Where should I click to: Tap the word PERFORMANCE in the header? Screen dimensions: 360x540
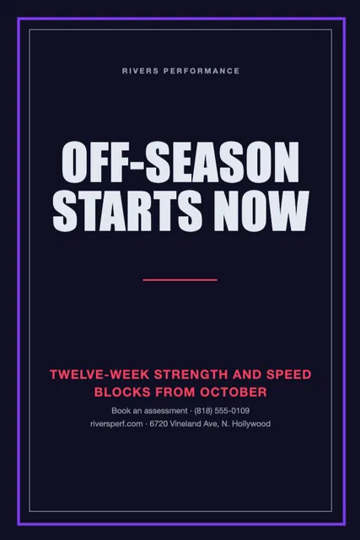[201, 71]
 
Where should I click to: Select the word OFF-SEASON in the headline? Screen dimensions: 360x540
[180, 162]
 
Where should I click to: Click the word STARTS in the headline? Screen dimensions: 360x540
[127, 210]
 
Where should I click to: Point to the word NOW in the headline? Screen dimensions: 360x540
[261, 210]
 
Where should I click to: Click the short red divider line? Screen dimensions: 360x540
[180, 280]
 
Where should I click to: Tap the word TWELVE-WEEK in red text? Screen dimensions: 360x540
[99, 375]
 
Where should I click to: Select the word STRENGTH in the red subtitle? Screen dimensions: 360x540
[191, 375]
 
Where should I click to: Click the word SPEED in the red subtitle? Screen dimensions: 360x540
[288, 375]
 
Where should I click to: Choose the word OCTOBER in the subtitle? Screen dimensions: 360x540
[234, 391]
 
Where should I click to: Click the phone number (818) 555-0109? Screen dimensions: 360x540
[222, 411]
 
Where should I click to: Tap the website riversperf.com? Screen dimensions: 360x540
[116, 424]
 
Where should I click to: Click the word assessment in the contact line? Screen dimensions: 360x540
[165, 411]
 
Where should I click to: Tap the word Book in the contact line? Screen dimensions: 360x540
[119, 411]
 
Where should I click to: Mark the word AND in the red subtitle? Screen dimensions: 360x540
[247, 375]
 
